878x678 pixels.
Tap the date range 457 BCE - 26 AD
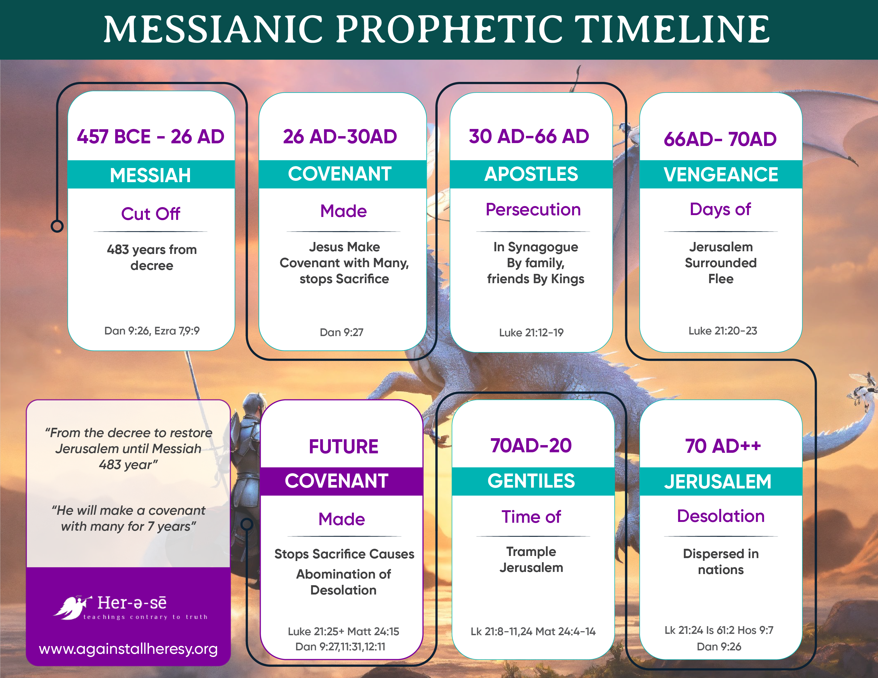coord(151,137)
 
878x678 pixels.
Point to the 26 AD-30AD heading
coord(340,137)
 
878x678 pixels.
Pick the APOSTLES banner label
coord(531,174)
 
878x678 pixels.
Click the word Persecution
coord(533,210)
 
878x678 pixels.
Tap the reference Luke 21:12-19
coord(531,333)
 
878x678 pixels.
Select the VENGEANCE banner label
coord(721,174)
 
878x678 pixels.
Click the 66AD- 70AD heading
coord(720,139)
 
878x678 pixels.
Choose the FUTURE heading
coord(344,447)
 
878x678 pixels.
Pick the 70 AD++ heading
coord(723,446)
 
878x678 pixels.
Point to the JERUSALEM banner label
coord(718,482)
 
